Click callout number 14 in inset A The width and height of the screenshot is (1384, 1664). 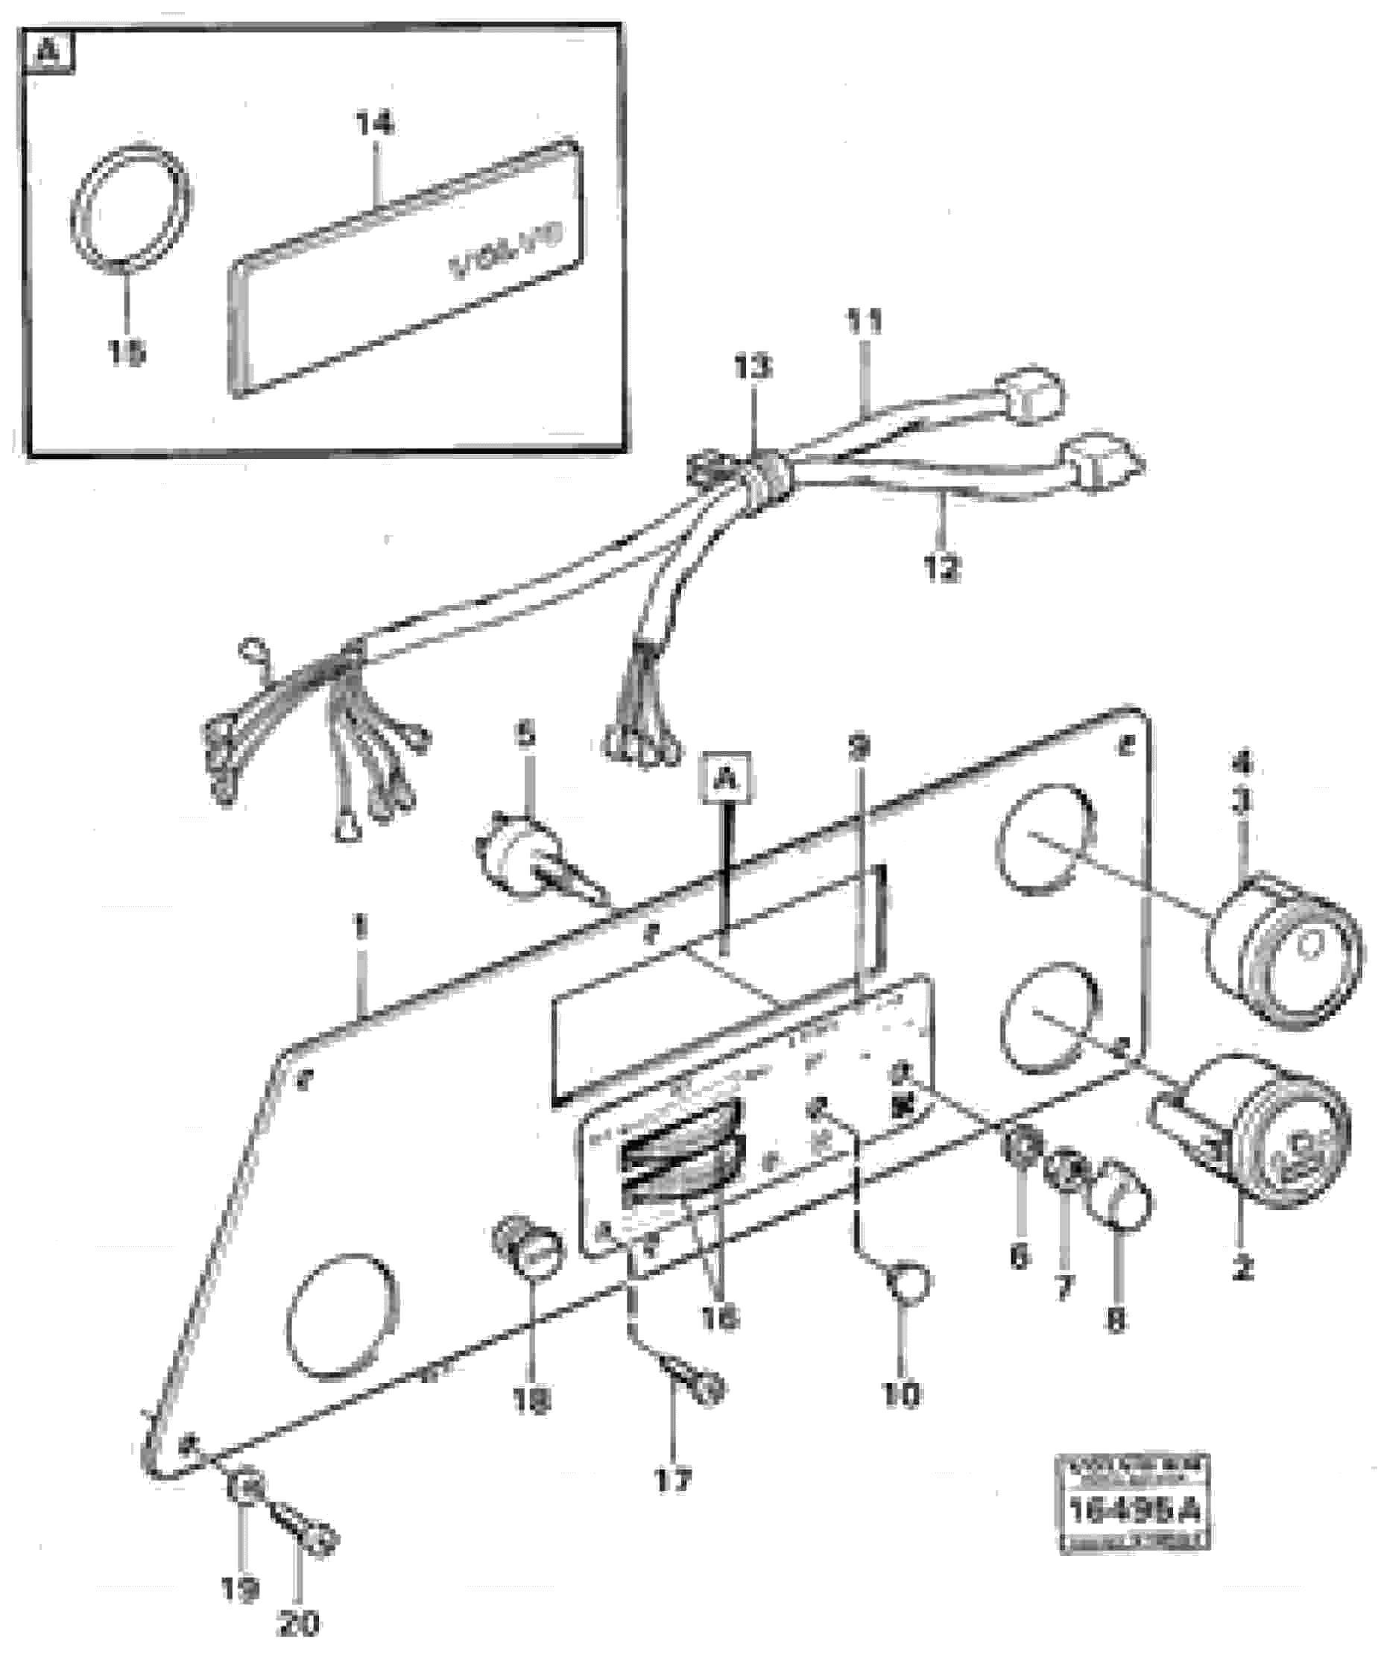coord(374,124)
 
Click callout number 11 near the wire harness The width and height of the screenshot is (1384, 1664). coord(863,323)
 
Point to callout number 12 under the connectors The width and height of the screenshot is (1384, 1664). coord(941,567)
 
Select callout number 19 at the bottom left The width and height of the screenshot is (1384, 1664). coord(239,1587)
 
